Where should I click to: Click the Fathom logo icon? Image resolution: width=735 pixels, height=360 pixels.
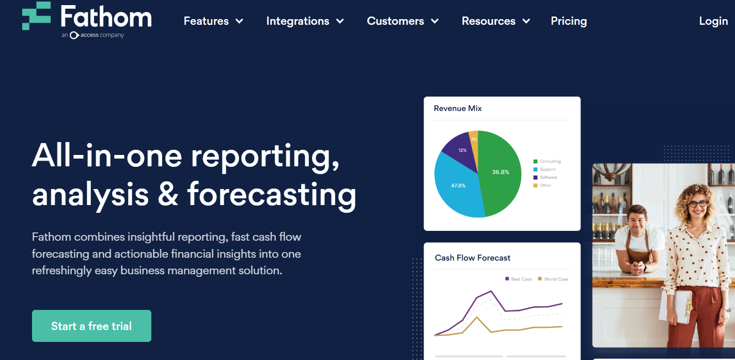(36, 16)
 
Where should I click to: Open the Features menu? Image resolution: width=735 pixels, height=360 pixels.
(213, 21)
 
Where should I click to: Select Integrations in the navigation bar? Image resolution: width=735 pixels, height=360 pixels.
(305, 21)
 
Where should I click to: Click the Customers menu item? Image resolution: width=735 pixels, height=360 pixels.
(402, 21)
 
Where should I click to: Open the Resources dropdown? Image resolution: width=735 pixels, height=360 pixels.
(495, 21)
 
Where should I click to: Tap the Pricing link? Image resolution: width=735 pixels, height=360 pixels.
(569, 21)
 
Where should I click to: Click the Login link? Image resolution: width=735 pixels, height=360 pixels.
(713, 21)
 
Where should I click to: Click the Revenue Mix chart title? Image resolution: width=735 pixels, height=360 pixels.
(458, 108)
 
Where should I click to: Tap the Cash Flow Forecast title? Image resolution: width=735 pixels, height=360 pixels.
(472, 258)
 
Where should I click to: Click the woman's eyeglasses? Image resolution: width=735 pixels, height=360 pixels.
(698, 204)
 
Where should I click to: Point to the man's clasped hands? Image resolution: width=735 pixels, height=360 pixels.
(641, 268)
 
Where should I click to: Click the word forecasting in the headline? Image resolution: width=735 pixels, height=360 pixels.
(272, 195)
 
